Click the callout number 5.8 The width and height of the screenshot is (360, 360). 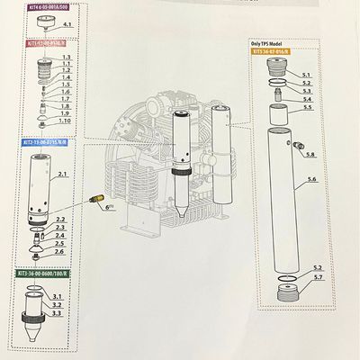(311, 155)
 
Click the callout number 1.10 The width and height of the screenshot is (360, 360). (64, 121)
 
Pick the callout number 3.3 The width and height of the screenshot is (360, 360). (56, 313)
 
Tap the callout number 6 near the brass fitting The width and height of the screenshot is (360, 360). (109, 206)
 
